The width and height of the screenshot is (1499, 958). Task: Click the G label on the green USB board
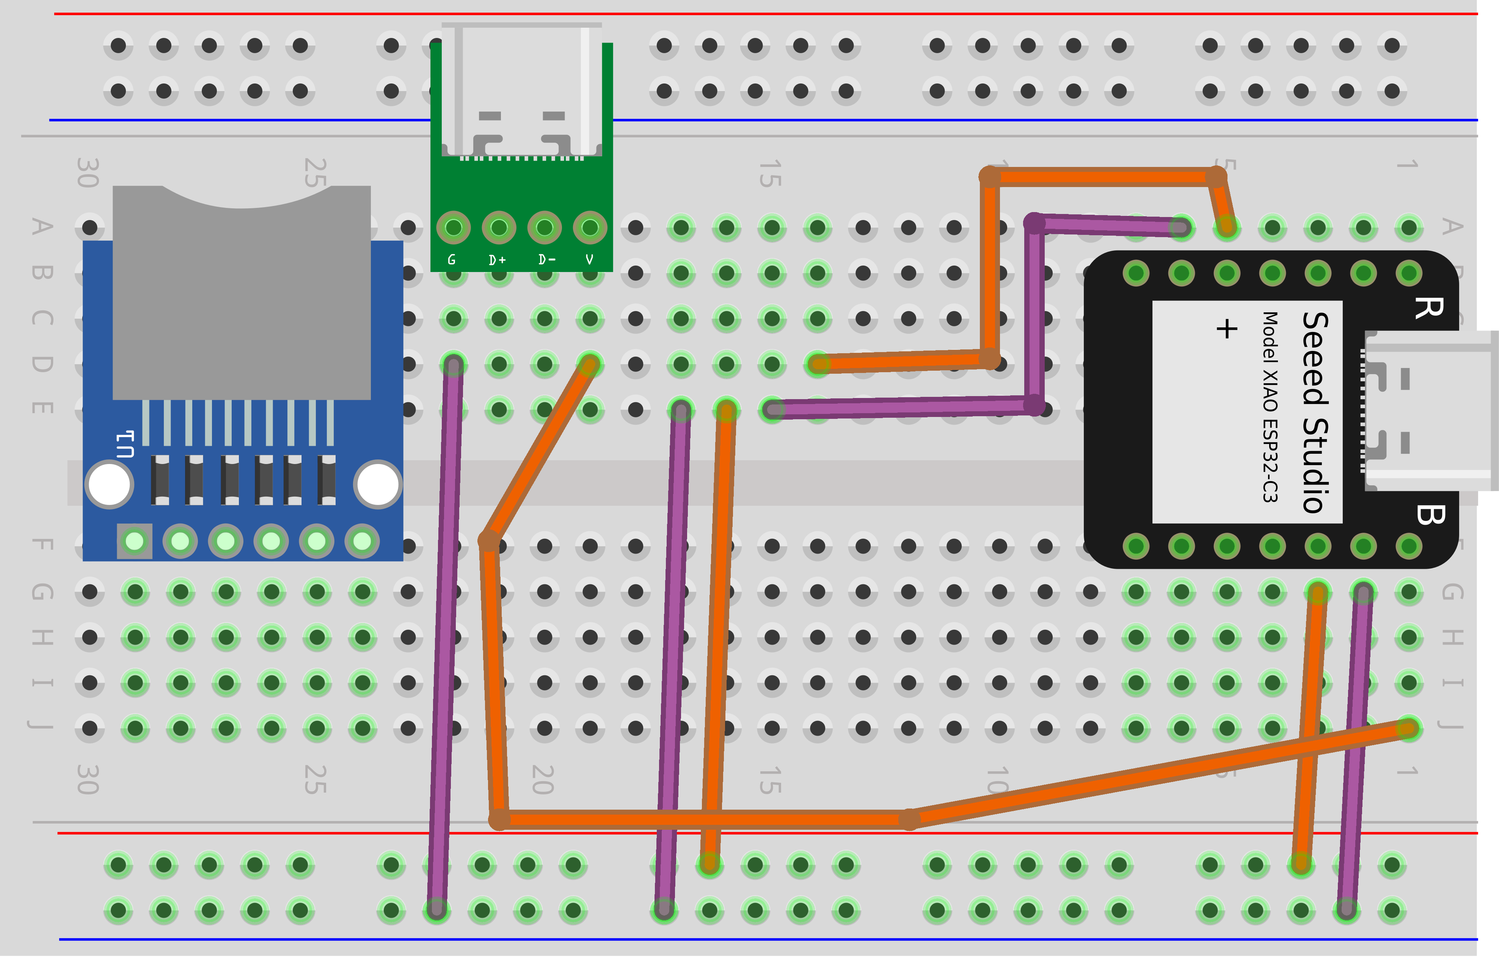coord(452,260)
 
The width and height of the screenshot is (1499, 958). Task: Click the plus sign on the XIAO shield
coord(1226,328)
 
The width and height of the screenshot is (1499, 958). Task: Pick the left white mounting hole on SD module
coord(110,484)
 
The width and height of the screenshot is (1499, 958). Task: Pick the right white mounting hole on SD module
coord(377,484)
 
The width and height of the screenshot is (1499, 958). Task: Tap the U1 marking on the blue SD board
coord(125,444)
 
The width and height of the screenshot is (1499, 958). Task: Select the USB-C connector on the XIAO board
coord(1428,411)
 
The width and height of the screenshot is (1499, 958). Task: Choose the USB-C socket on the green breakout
coord(522,90)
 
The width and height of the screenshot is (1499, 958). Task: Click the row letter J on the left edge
coord(41,726)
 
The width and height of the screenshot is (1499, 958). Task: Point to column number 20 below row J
coord(543,779)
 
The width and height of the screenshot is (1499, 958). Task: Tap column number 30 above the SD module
coord(88,173)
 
